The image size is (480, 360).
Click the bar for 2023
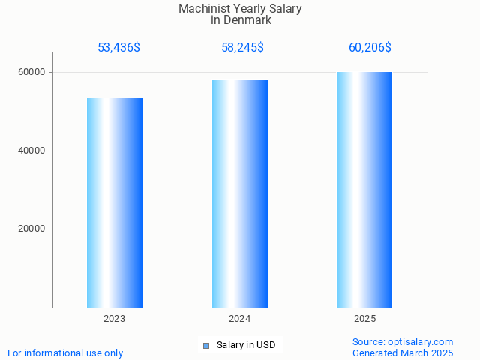tap(115, 202)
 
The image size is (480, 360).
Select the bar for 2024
tap(240, 193)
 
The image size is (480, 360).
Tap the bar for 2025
tap(364, 190)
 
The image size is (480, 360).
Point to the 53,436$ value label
tap(118, 48)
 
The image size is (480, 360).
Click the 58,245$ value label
tap(242, 48)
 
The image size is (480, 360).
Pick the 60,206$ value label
tap(370, 48)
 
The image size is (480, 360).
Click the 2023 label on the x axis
tap(115, 319)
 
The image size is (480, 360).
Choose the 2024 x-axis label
tap(240, 319)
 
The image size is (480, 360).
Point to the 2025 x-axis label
tap(364, 319)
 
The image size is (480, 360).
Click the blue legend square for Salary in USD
tap(206, 346)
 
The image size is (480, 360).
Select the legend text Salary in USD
tap(246, 345)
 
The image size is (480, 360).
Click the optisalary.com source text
tap(403, 342)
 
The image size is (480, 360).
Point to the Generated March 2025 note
tap(403, 353)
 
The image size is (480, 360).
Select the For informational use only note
tap(65, 353)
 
